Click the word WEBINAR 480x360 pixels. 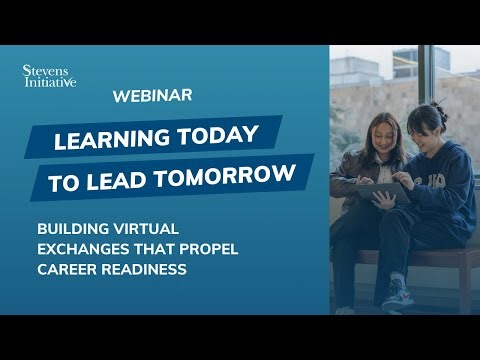click(x=153, y=96)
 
